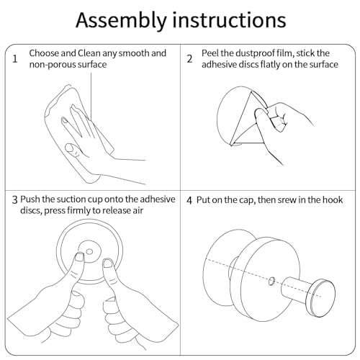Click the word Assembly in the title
coord(121,21)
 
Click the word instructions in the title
coord(229,19)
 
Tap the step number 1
coord(15,58)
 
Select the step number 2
coord(189,59)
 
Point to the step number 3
coord(15,199)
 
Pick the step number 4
coord(189,200)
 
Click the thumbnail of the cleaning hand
coord(69,148)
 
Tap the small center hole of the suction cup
coord(89,252)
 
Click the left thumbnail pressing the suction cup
coord(79,257)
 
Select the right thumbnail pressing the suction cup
coord(107,263)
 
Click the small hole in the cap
coord(271,281)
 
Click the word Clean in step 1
coord(89,53)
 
